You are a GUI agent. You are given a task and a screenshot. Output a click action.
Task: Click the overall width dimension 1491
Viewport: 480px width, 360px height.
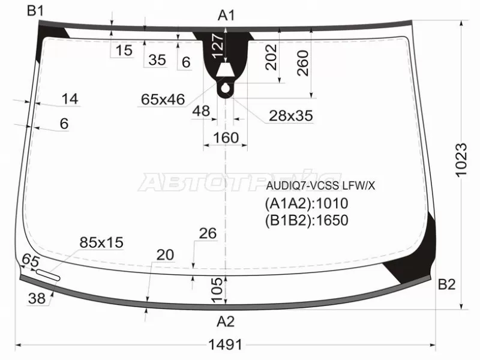[x=226, y=345]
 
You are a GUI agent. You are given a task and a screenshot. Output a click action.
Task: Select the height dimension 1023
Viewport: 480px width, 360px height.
[x=461, y=160]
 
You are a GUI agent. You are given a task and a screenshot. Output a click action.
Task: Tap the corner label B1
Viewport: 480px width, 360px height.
[x=35, y=11]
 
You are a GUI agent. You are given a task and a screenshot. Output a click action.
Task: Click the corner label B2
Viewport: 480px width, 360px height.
[x=446, y=284]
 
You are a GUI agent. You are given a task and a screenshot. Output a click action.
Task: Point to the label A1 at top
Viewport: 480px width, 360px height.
[x=226, y=16]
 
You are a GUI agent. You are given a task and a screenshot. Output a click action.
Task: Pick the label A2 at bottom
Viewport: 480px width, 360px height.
[x=226, y=322]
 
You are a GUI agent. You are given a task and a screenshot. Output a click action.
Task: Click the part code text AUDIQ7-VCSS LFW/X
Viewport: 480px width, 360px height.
[x=320, y=185]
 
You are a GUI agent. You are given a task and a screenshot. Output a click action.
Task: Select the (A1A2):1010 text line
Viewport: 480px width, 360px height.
[x=307, y=203]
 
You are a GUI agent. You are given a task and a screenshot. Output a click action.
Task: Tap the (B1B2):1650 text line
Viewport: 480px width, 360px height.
[x=307, y=220]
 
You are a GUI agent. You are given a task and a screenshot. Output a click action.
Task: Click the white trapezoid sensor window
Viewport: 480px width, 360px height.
[x=226, y=70]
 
